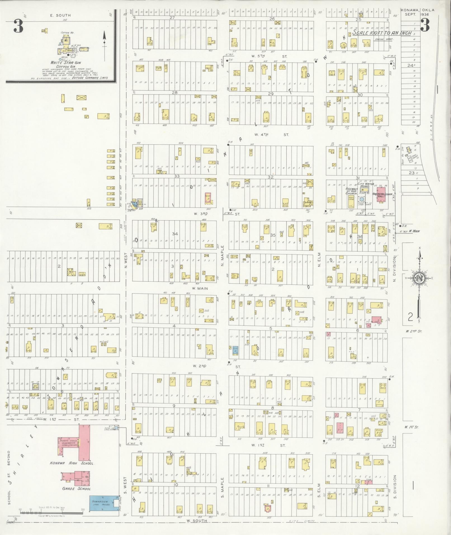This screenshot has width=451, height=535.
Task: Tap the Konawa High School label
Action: pos(73,463)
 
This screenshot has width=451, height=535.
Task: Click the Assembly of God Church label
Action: pos(351,191)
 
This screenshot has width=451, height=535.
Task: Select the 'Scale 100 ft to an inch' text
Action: pos(382,33)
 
